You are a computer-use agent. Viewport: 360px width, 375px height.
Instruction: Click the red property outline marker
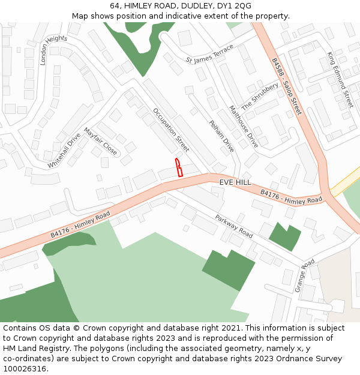178,167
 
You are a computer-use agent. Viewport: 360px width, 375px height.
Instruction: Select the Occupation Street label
170,130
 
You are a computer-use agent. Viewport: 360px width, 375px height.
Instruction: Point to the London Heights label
53,49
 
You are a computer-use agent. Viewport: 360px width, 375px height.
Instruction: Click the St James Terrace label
209,55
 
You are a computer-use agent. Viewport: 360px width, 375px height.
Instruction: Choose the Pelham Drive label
221,136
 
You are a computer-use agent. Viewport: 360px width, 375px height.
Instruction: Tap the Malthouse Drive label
244,127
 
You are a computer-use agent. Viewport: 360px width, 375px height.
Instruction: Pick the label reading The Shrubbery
260,96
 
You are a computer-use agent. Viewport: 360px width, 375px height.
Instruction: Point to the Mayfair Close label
100,140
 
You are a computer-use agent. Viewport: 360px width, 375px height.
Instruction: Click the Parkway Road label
234,224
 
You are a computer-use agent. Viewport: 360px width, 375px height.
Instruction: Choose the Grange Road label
304,275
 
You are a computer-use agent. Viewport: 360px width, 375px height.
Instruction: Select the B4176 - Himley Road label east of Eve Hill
291,196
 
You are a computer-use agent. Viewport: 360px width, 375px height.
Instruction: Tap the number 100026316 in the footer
25,368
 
